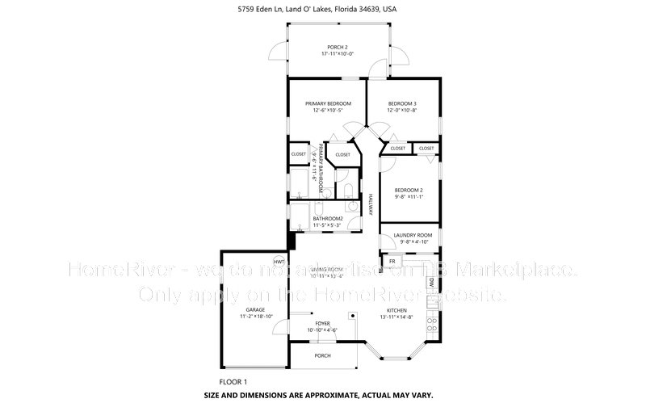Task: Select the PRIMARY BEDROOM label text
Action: point(328,103)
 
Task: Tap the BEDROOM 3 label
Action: point(402,103)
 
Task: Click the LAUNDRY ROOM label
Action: point(413,235)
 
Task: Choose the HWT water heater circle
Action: point(279,262)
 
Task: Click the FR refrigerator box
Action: point(392,262)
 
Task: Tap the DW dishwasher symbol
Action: point(432,283)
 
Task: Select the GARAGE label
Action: point(256,309)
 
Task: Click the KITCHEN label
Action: point(396,310)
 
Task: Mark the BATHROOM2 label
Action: point(329,218)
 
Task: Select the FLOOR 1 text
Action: point(233,380)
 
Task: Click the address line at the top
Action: point(323,9)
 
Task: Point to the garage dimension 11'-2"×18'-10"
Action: point(256,317)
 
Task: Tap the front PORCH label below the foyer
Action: point(322,355)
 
